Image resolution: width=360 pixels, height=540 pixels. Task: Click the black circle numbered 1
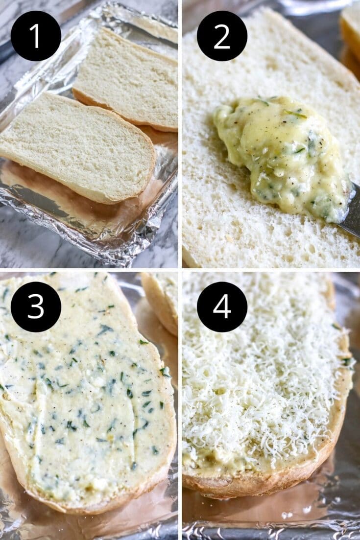tap(36, 36)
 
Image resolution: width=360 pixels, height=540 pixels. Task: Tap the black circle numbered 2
tap(222, 36)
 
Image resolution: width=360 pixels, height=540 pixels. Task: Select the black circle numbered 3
tap(36, 306)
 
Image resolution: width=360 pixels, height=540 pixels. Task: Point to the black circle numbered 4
tap(222, 306)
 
